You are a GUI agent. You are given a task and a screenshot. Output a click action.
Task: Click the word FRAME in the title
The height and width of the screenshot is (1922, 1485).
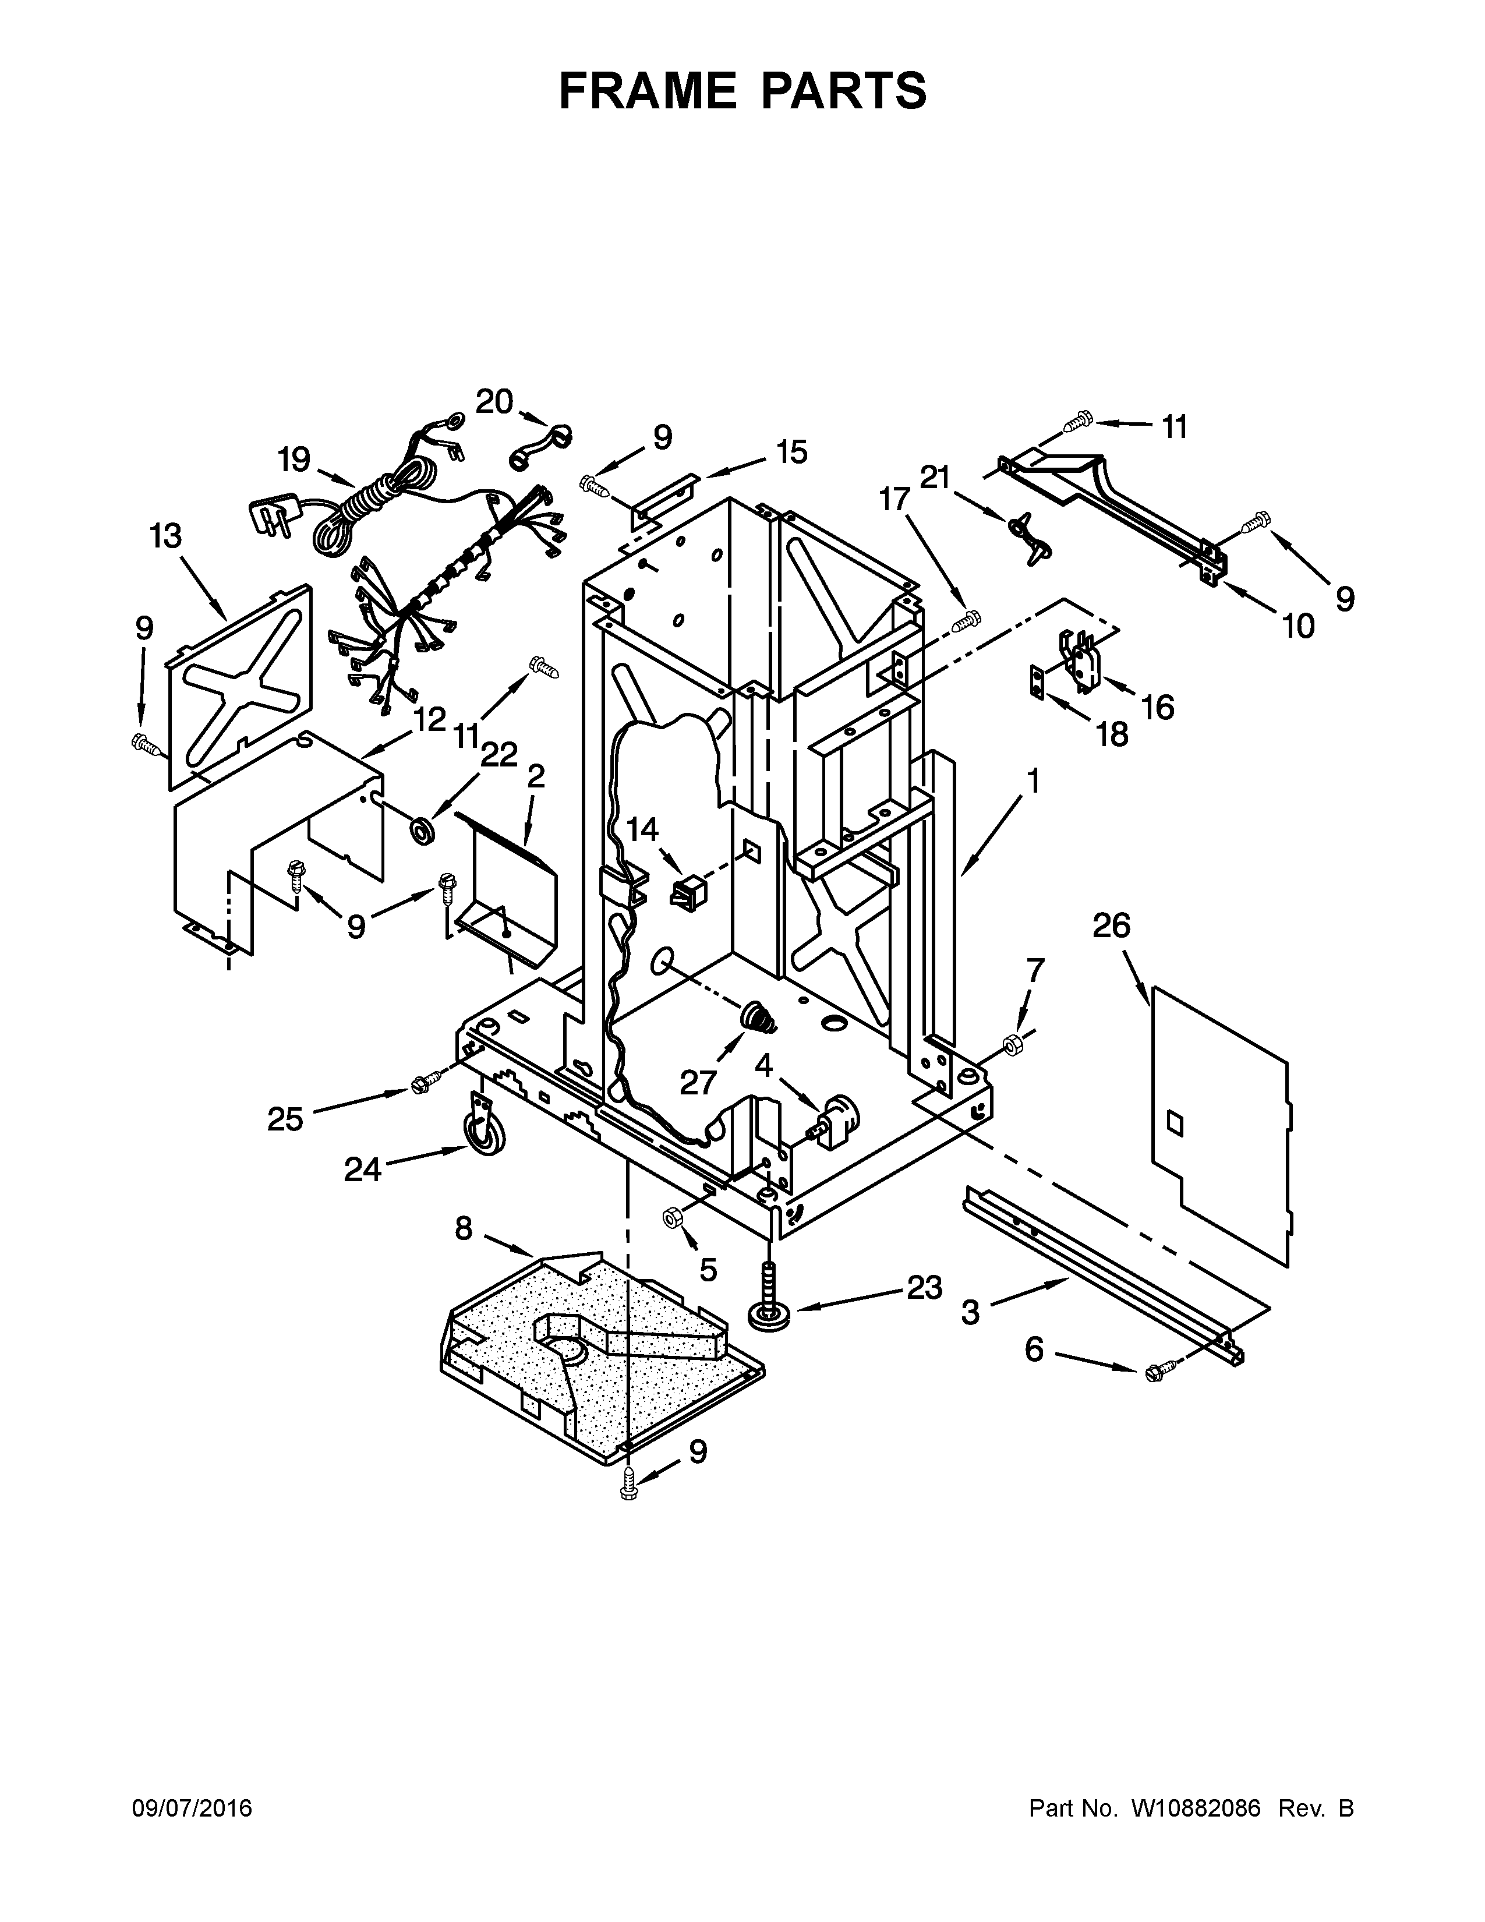click(x=648, y=91)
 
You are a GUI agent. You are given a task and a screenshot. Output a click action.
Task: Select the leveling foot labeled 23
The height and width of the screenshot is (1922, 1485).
click(x=769, y=1305)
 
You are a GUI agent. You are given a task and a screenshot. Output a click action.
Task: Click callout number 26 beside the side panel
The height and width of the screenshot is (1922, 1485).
click(x=1111, y=926)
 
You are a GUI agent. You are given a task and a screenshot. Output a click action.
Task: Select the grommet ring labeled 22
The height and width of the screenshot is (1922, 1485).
click(x=427, y=828)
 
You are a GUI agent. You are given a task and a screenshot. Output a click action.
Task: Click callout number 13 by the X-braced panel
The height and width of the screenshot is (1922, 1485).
click(x=165, y=535)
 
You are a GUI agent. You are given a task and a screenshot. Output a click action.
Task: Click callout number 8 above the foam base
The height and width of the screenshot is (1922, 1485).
click(x=464, y=1228)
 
